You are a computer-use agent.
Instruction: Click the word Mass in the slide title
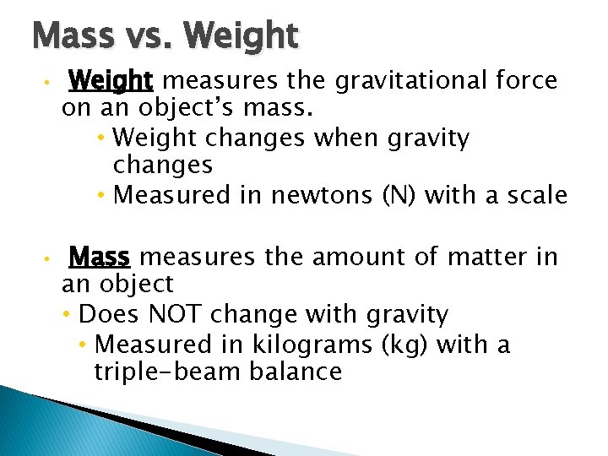(x=73, y=35)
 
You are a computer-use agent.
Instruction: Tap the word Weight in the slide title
(x=240, y=37)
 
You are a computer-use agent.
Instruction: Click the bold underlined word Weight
(x=111, y=81)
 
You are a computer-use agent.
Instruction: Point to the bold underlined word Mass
(x=100, y=256)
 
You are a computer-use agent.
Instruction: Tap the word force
(x=526, y=81)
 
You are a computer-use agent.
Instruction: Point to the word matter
(x=477, y=256)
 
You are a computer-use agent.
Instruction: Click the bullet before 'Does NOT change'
(x=67, y=316)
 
